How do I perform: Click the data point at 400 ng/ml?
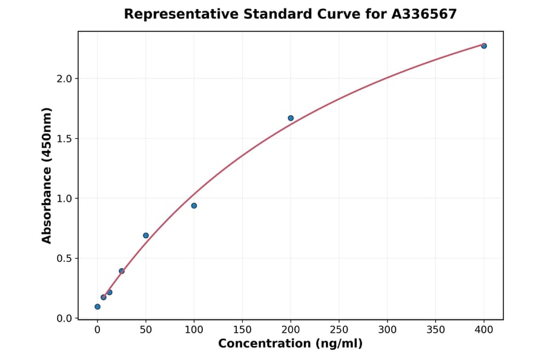(484, 45)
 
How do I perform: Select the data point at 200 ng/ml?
(291, 118)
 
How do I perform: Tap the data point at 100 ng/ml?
(194, 205)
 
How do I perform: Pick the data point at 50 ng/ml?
(146, 235)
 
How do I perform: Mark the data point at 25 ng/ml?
(122, 271)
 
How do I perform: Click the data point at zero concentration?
(97, 307)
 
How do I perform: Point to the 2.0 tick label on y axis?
(65, 79)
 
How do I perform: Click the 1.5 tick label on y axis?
(65, 139)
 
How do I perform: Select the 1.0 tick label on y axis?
(65, 198)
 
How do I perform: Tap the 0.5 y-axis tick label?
(65, 258)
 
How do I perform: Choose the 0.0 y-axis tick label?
(65, 318)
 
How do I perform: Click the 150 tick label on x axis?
(242, 330)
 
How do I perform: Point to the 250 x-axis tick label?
(339, 330)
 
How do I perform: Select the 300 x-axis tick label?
(388, 330)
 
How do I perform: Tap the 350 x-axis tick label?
(435, 330)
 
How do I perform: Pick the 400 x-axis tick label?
(484, 330)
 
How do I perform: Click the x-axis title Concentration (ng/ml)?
(290, 344)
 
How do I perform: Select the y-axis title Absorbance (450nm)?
(47, 175)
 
